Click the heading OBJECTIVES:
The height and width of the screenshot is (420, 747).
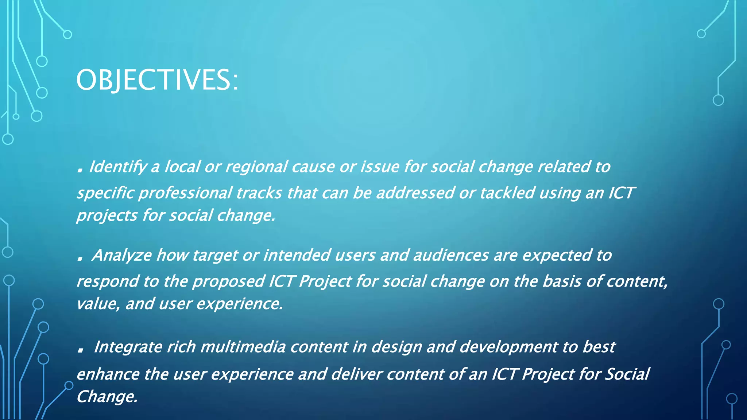(x=157, y=80)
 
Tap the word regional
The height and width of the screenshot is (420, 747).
(x=256, y=167)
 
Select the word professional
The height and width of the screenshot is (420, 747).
(x=185, y=193)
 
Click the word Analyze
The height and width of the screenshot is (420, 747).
(x=121, y=255)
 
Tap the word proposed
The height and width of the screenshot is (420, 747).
(x=229, y=281)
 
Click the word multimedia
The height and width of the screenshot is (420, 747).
(x=243, y=347)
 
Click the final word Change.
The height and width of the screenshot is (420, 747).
(x=107, y=397)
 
